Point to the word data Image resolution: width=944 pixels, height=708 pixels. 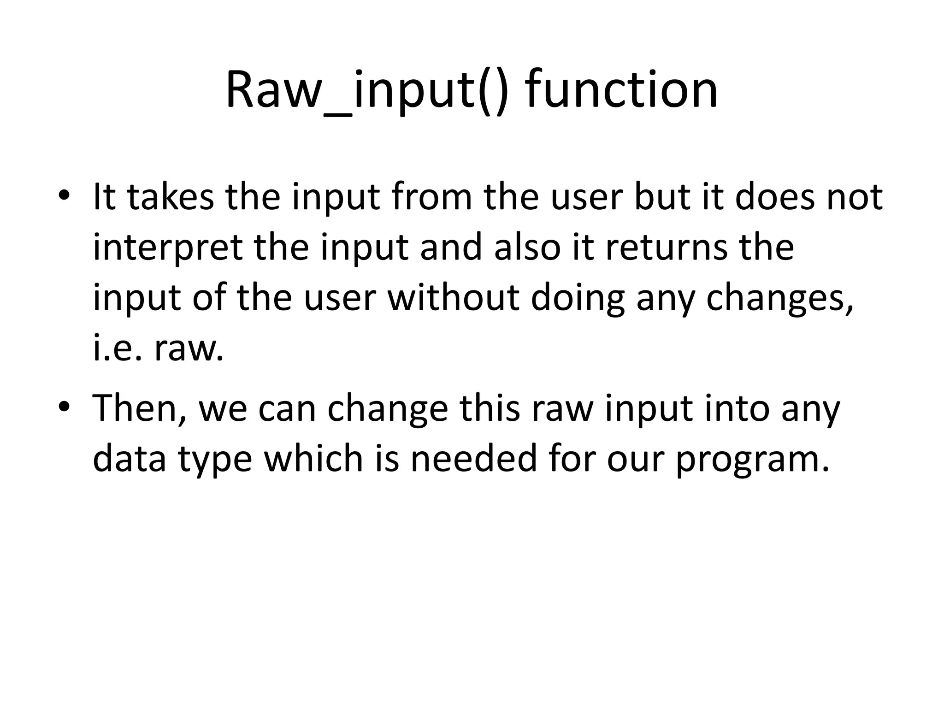point(129,459)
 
